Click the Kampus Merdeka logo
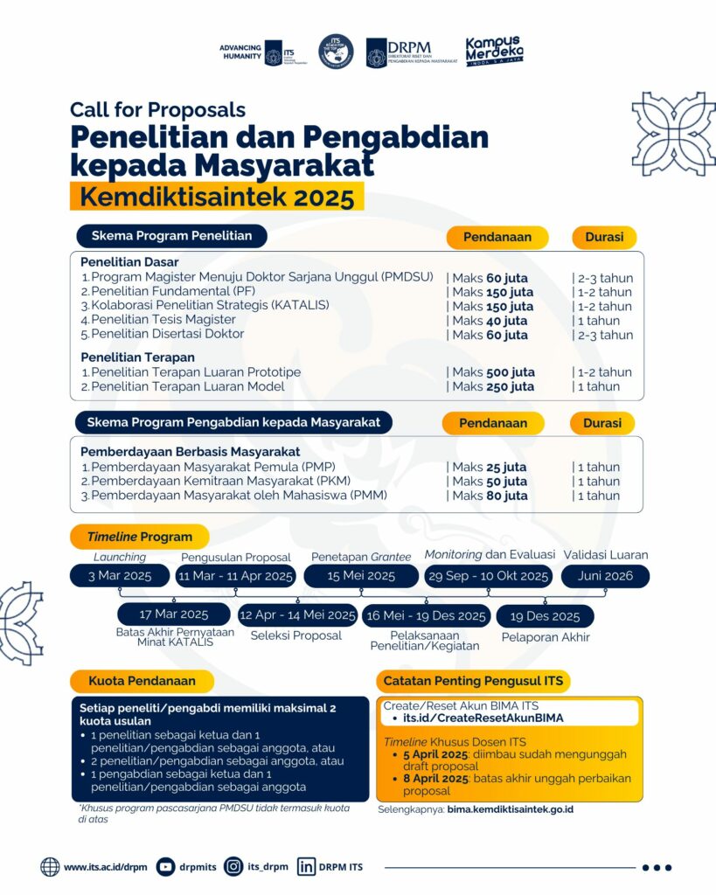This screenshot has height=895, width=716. click(494, 52)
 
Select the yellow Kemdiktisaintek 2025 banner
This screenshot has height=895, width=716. click(217, 197)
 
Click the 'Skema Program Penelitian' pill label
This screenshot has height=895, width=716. click(171, 236)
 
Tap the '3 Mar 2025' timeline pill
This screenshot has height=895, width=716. click(120, 576)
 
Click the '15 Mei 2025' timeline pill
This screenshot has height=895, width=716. click(361, 576)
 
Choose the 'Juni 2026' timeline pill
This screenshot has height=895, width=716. click(605, 576)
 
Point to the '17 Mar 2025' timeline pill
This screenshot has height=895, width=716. click(173, 614)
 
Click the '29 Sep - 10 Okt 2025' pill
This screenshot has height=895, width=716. click(488, 576)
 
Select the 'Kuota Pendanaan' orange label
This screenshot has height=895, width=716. click(142, 680)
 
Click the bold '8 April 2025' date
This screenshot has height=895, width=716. click(433, 779)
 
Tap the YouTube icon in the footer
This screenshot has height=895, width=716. click(165, 867)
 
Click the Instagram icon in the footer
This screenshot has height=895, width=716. click(233, 867)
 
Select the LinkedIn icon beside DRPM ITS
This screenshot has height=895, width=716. click(306, 867)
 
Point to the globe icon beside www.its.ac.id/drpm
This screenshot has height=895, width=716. click(50, 867)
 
